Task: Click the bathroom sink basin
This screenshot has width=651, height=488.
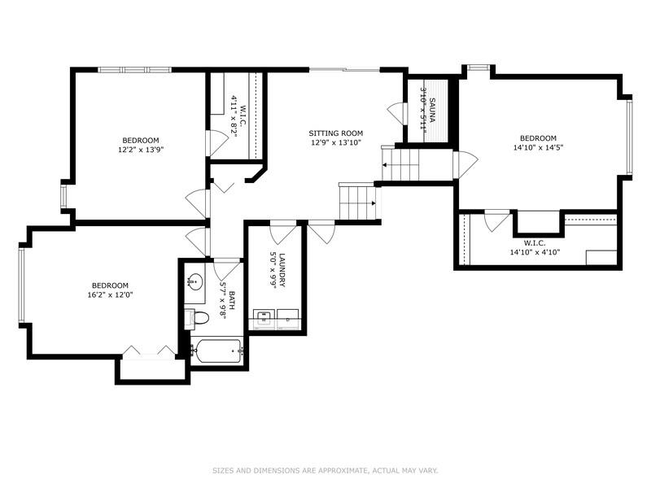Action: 194,283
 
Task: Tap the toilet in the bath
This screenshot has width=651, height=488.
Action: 193,318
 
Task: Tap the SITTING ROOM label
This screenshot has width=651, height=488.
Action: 335,133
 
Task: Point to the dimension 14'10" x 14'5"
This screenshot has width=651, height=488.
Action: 539,148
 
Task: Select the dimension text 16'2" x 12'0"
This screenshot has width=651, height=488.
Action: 110,295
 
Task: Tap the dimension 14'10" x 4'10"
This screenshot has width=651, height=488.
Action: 534,252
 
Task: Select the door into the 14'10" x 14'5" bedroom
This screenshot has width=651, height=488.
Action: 465,165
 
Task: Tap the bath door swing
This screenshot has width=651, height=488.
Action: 225,268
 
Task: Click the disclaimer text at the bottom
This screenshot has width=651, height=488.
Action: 325,470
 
